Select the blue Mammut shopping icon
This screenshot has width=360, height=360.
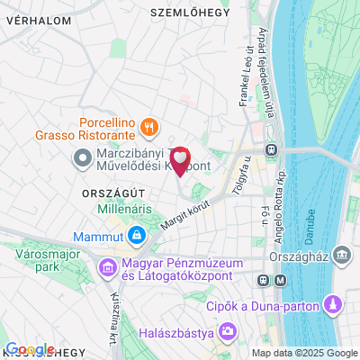137,236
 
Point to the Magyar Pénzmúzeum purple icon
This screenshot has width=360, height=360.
107,267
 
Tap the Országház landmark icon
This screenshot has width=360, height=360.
342,256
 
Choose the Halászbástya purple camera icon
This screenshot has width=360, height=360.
229,334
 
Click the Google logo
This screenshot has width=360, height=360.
30,349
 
